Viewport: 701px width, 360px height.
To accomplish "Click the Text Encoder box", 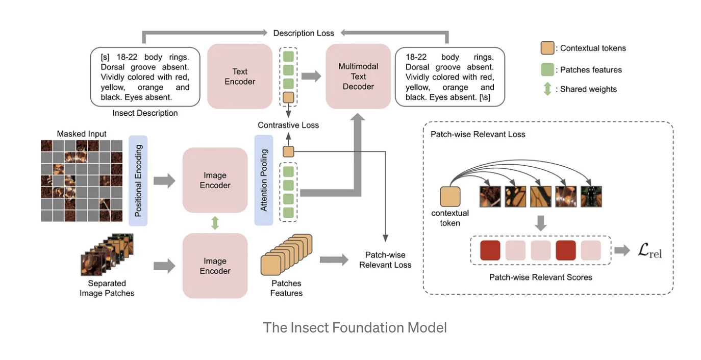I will click(x=240, y=76).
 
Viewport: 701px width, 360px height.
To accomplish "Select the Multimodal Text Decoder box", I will click(x=358, y=76).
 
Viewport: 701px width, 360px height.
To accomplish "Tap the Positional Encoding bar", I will click(x=138, y=181).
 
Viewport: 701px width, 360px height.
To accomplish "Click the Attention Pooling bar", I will click(x=264, y=181).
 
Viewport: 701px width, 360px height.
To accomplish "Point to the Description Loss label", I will click(x=304, y=33).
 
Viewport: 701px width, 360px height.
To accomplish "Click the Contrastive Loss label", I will click(x=288, y=125).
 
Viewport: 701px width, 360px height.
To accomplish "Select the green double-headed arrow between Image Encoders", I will click(x=215, y=223).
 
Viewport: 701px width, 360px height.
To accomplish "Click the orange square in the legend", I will click(x=547, y=48).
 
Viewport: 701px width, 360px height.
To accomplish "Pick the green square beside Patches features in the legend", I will click(x=547, y=70).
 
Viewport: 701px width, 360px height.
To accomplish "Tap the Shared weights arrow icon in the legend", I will click(x=547, y=89).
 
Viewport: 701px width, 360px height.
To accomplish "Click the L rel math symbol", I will click(x=649, y=251).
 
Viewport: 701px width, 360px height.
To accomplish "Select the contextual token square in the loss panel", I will click(x=450, y=196).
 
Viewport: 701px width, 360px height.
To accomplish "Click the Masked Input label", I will click(x=82, y=134).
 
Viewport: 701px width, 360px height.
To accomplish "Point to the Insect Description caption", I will click(x=145, y=113).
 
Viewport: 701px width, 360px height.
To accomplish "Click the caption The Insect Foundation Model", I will click(x=355, y=327).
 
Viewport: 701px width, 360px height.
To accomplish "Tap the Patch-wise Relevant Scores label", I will click(x=540, y=277).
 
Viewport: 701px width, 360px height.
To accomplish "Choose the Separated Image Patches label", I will click(x=107, y=288).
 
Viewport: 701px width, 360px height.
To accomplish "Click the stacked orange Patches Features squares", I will click(x=286, y=255).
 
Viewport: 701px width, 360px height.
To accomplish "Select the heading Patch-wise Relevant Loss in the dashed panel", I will click(x=478, y=135).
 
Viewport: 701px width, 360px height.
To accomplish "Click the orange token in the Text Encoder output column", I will click(x=288, y=97).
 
